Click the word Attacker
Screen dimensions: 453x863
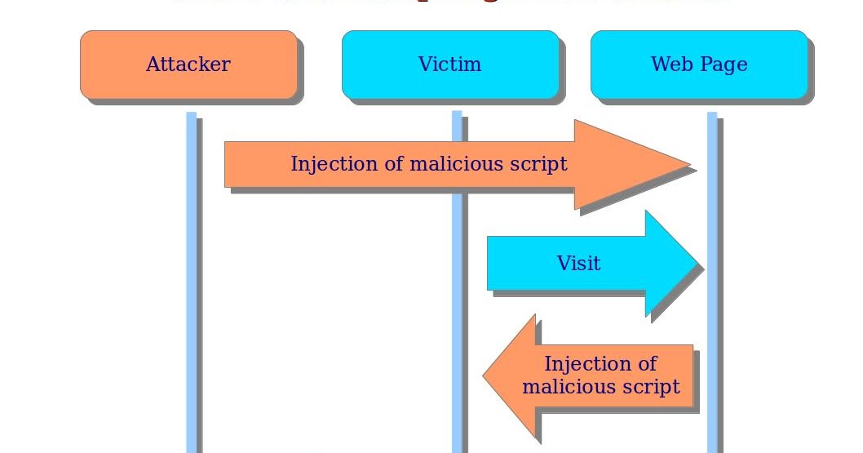188,64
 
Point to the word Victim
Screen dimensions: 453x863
449,64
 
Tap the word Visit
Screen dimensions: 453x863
578,264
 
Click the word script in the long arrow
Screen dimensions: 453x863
538,164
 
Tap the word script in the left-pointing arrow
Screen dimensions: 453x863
651,386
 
